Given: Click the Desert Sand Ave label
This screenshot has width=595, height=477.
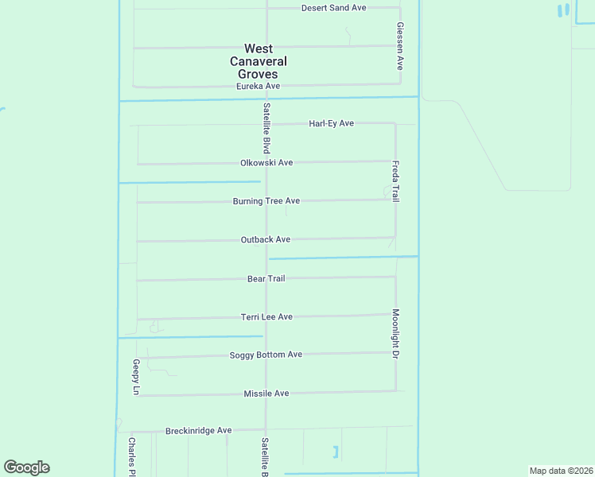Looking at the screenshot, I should [333, 8].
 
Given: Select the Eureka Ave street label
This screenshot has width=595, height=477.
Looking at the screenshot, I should [259, 86].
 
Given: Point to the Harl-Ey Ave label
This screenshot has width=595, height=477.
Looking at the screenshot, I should [331, 123].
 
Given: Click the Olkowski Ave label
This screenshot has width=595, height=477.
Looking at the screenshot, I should [266, 162].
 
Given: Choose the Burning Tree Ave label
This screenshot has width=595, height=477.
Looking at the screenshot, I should [266, 201].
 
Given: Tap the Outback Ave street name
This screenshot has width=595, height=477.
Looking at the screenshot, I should [265, 239].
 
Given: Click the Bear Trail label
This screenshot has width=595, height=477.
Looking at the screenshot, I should [266, 278].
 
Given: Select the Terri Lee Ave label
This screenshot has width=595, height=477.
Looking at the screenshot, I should [266, 316].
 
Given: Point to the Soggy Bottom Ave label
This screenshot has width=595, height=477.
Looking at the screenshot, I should [266, 355].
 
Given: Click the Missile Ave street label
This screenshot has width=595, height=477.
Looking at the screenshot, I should [266, 394].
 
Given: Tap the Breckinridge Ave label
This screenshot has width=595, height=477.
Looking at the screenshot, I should [198, 431].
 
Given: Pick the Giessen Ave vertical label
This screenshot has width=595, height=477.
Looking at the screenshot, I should [400, 45].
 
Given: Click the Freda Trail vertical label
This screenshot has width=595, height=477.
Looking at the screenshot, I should [395, 181].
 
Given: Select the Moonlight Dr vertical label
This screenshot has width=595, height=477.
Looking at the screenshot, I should [395, 334].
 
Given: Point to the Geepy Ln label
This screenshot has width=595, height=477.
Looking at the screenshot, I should [136, 377].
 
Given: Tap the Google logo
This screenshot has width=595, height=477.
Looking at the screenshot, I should [26, 467].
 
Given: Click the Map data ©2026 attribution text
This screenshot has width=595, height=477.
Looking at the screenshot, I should [561, 471].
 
